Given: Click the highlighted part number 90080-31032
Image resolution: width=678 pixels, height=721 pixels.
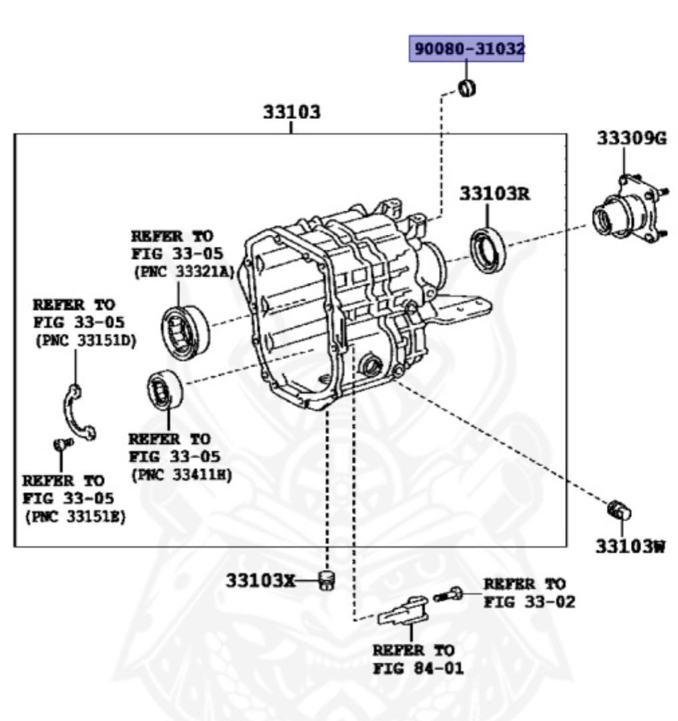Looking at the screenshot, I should click(466, 49).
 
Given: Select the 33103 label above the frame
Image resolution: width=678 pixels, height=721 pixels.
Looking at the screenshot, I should click(291, 111).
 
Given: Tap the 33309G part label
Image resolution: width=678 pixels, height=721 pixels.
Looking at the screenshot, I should click(631, 138).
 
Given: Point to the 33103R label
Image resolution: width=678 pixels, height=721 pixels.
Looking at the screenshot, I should click(494, 193).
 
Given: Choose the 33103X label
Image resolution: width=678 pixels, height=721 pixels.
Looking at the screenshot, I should click(260, 580).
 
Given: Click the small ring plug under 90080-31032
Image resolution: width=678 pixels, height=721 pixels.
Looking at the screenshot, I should click(467, 87).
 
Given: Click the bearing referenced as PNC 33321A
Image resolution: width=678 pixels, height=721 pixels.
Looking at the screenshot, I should click(186, 332).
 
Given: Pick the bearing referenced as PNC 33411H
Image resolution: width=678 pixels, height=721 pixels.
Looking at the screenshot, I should click(164, 390).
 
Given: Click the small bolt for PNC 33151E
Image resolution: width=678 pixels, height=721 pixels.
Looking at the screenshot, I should click(61, 444).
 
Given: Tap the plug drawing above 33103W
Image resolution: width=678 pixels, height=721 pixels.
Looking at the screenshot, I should click(621, 511).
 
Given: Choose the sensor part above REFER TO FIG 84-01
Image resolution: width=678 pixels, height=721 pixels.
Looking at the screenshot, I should click(403, 610).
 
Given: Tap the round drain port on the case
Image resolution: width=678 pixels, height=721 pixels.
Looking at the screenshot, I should click(370, 365).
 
